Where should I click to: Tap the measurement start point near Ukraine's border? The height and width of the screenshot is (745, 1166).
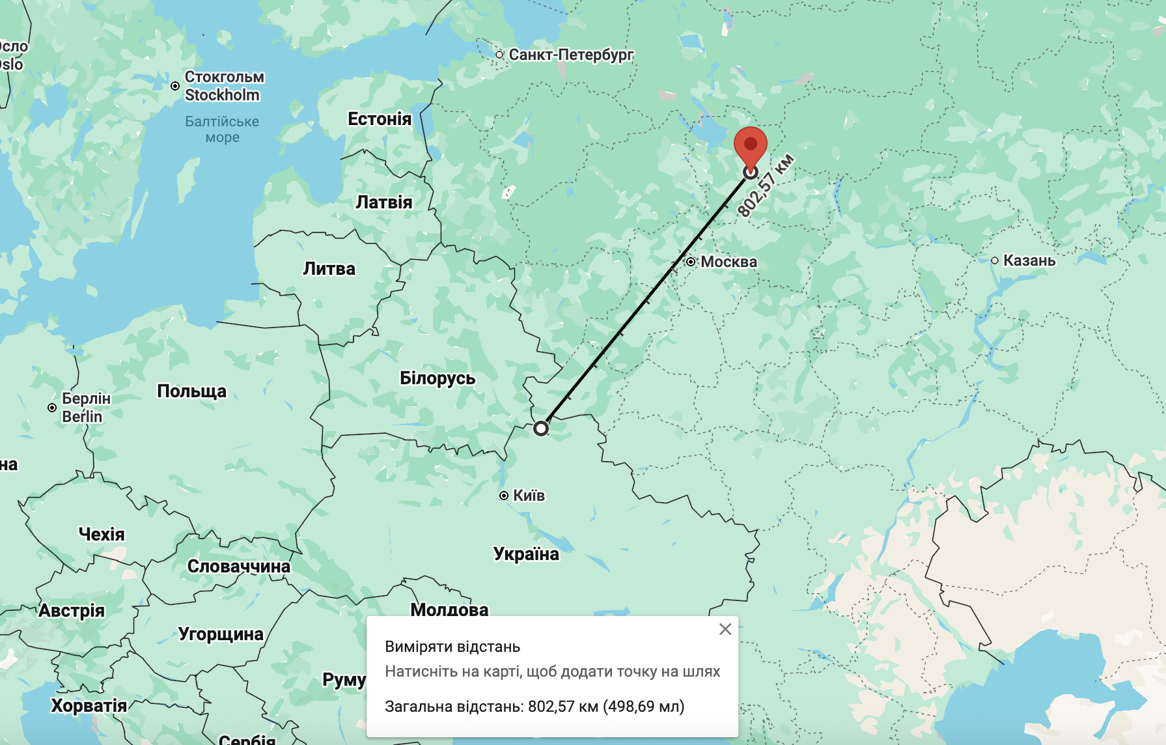[x=541, y=429]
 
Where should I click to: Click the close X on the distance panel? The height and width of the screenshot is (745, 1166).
[x=725, y=629]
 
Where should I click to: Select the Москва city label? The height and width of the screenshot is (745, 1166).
[x=729, y=262]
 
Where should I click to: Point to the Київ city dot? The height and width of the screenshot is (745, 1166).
[x=504, y=496]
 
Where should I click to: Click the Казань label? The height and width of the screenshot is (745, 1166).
[x=1029, y=260]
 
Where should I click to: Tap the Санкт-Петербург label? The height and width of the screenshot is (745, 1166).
[x=571, y=55]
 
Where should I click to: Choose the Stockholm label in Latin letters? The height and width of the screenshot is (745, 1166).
[x=222, y=95]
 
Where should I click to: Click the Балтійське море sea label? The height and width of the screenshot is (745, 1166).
[x=222, y=129]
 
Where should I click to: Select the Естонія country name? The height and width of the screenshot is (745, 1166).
[x=380, y=119]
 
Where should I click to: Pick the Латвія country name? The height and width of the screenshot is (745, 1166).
[x=384, y=203]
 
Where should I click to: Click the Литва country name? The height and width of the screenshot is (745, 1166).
[x=329, y=269]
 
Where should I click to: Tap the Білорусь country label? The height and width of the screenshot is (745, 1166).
[x=437, y=378]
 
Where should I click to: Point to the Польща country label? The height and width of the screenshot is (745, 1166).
[x=192, y=391]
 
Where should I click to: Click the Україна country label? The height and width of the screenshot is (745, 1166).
[x=526, y=554]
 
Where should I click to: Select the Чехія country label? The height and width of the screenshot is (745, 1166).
[x=102, y=535]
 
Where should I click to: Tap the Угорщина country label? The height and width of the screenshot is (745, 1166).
[x=221, y=634]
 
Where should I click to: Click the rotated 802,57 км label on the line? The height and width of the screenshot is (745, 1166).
[x=766, y=185]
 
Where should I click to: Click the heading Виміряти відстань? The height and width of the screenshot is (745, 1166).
[x=452, y=647]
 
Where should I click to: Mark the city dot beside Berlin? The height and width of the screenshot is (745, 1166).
[x=52, y=408]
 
